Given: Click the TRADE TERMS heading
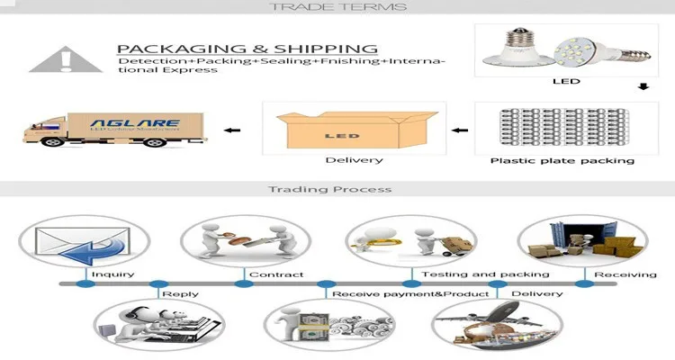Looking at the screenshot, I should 337,7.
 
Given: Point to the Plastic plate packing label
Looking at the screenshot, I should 562,161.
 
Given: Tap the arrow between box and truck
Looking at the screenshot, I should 232,130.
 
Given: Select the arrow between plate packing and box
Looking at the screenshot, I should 460,130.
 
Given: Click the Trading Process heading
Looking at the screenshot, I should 337,189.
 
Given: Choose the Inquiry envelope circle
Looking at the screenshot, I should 76,242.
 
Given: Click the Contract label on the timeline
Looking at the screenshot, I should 276,274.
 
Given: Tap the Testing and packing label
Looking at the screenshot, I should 485,274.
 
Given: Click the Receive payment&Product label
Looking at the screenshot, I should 410,293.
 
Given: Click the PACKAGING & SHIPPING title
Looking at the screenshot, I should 247,48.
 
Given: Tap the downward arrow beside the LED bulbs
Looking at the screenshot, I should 643,87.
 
